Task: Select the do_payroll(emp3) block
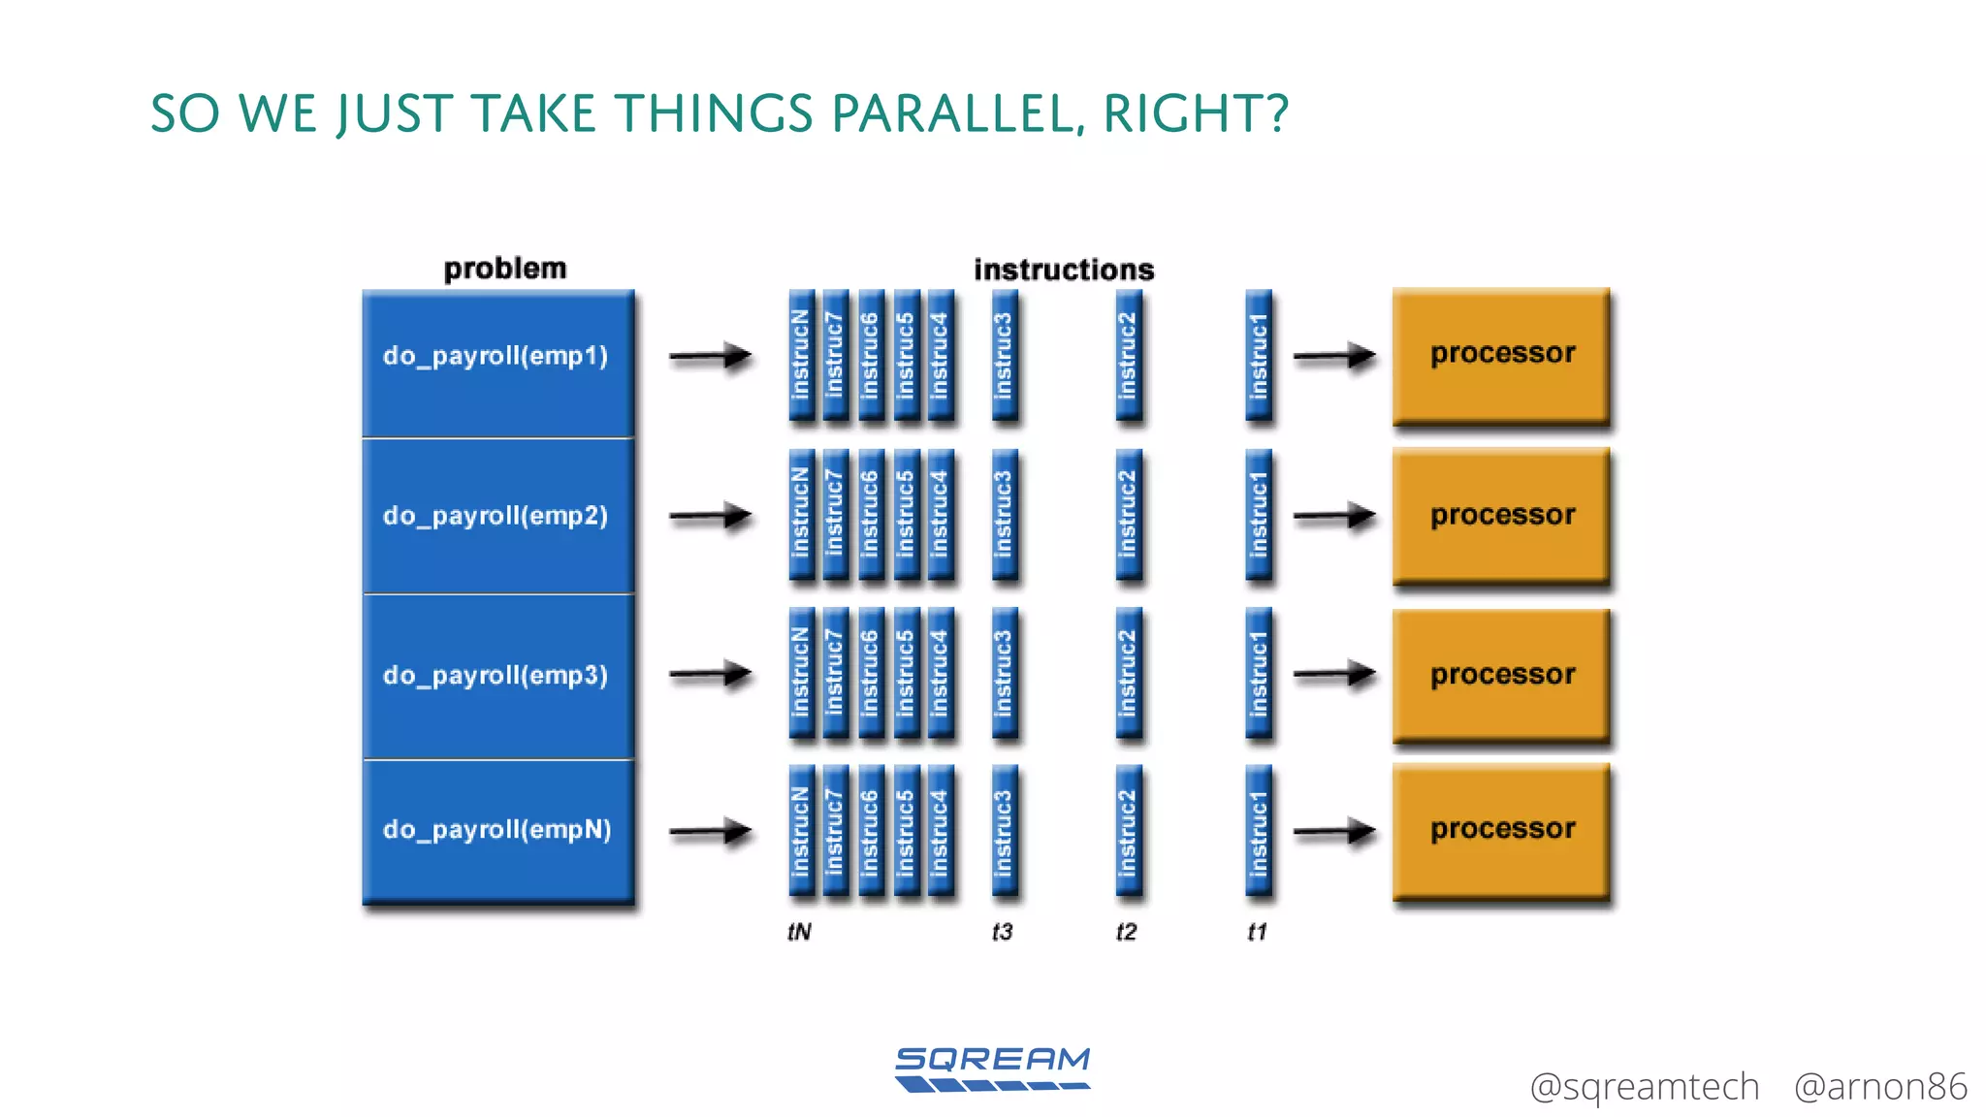(497, 676)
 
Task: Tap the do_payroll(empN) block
(497, 830)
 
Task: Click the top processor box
(1501, 355)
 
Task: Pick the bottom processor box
(1501, 830)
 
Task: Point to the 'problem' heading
(504, 269)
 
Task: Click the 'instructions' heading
(1064, 270)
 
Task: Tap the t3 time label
(1002, 932)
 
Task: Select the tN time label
(799, 932)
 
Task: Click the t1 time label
(1257, 932)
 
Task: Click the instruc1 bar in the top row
(1259, 356)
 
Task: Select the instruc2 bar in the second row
(1128, 515)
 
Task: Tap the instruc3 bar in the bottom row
(1005, 831)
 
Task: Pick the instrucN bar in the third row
(801, 673)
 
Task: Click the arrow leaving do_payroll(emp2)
(710, 516)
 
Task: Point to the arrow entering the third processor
(1334, 673)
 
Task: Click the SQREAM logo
(992, 1069)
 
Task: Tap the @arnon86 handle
(1879, 1087)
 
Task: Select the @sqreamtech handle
(1644, 1087)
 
